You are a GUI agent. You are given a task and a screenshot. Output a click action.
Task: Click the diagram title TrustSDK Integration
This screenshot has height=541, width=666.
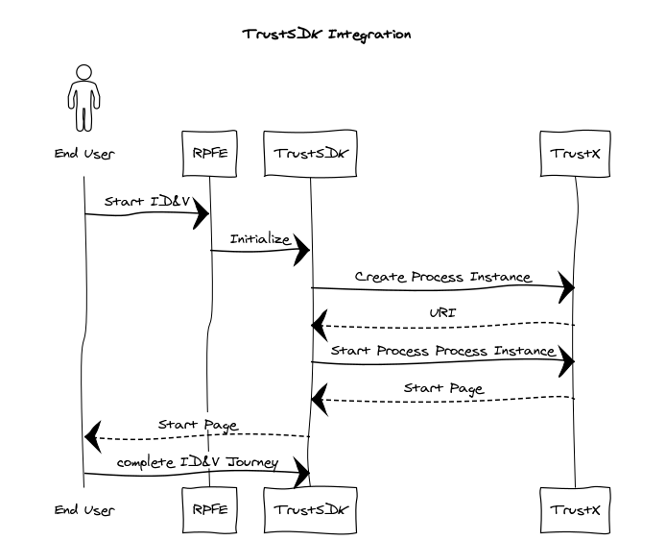coord(327,35)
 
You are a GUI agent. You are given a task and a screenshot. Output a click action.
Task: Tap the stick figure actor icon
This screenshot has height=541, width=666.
coord(84,98)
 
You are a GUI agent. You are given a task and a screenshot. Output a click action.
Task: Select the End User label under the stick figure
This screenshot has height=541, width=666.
coord(84,154)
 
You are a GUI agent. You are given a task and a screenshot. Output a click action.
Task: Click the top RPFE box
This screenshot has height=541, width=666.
coord(209,154)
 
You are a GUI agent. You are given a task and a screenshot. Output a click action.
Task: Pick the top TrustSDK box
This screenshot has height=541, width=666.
coord(311,154)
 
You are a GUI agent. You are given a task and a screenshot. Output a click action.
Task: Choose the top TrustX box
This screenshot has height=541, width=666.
coord(576,154)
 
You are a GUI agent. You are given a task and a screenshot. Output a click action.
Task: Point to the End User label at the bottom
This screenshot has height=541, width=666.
coord(84,510)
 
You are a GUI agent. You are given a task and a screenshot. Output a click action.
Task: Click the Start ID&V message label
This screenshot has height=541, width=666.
coord(146,201)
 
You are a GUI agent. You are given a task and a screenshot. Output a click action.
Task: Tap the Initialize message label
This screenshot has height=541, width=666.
coord(259,238)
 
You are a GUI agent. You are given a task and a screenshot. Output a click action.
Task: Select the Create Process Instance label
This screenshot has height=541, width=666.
coord(442,276)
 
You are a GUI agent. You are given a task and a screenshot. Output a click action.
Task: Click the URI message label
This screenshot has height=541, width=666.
coord(442,313)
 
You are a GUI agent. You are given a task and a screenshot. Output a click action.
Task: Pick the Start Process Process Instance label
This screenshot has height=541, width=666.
coord(442,351)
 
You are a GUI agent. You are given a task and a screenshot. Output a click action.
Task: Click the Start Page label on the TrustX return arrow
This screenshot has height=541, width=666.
coord(442,388)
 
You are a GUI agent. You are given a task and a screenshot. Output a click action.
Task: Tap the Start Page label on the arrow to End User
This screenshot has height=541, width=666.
coord(197,425)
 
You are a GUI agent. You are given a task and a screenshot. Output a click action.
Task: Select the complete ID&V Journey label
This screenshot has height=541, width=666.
coord(197,462)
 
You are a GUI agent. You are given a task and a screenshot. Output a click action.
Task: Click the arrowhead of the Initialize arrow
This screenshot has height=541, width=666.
coord(303,251)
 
